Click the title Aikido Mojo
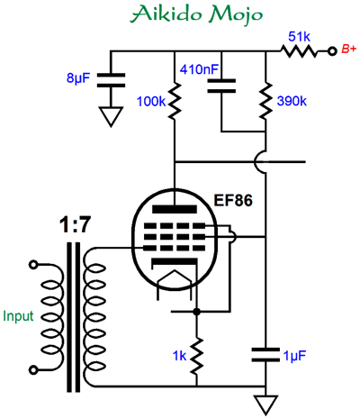[196, 14]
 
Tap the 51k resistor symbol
[299, 51]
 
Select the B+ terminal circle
[331, 51]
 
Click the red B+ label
[349, 49]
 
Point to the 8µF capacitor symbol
[111, 80]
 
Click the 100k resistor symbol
[175, 101]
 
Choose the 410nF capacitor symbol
[221, 86]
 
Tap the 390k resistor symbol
[265, 101]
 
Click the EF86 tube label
[233, 201]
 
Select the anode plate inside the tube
[175, 209]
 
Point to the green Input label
[18, 316]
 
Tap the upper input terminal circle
[32, 265]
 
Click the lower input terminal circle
[32, 369]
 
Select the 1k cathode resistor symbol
[196, 356]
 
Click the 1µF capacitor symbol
[265, 355]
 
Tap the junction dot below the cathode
[196, 312]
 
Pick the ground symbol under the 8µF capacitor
[111, 117]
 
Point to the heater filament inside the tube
[175, 284]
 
